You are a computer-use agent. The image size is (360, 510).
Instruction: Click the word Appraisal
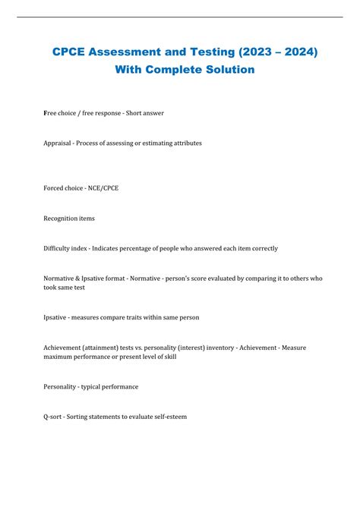[58, 143]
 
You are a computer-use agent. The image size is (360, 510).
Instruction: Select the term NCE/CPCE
[103, 188]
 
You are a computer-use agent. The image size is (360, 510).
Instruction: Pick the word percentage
[150, 248]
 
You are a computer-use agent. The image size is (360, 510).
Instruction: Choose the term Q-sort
[54, 417]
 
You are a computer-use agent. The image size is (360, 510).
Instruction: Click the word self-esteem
[168, 417]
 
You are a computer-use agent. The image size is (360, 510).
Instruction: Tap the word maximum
[59, 357]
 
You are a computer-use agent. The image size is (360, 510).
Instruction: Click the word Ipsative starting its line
[57, 317]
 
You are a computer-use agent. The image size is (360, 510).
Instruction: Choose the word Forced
[54, 188]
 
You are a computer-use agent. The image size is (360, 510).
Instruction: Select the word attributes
[186, 143]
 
